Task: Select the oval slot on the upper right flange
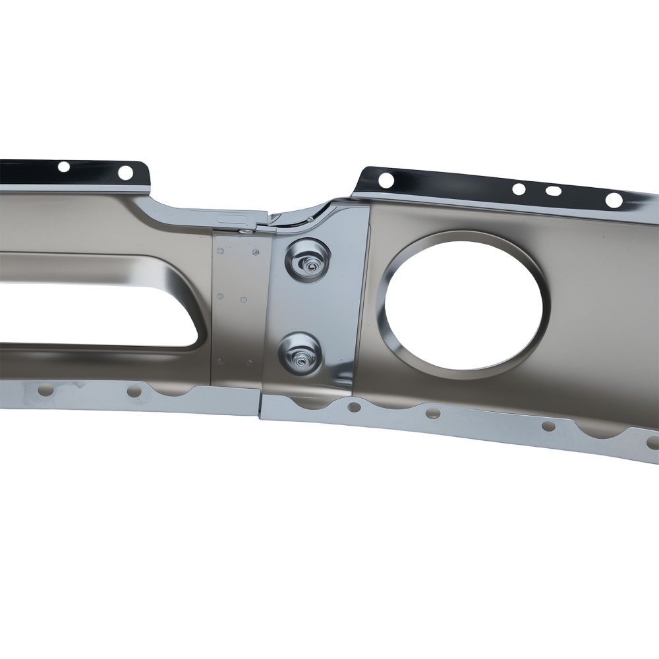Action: click(554, 191)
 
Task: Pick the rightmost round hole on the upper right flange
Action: click(614, 200)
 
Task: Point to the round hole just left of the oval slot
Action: click(519, 189)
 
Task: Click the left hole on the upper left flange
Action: click(64, 167)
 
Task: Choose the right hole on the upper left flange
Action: click(125, 173)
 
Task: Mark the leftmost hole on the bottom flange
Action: click(45, 391)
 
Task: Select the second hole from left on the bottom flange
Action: click(134, 393)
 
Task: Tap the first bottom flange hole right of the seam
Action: click(354, 407)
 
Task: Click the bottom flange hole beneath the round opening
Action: click(432, 413)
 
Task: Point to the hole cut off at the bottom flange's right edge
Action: click(652, 442)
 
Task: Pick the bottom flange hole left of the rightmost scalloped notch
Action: click(548, 426)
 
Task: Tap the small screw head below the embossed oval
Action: click(245, 229)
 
